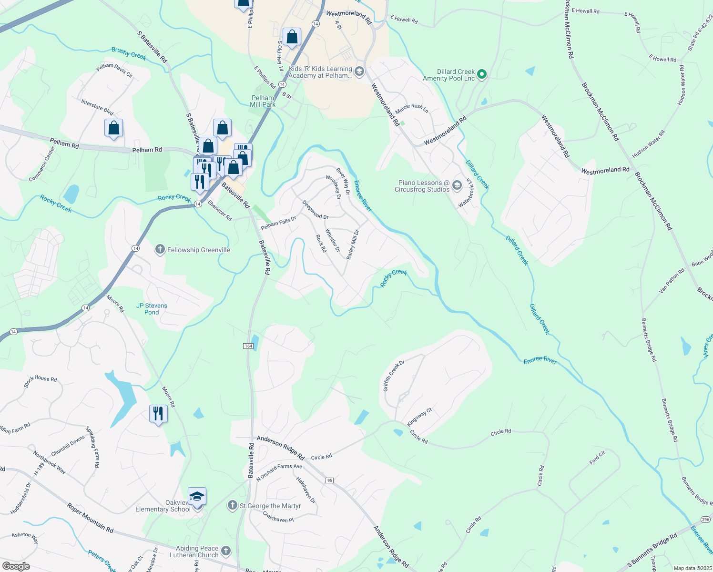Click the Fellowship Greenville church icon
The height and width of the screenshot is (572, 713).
[160, 249]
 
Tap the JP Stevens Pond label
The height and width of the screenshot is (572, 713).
[152, 309]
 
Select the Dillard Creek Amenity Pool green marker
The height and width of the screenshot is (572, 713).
[482, 74]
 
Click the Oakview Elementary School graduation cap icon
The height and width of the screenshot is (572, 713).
[197, 497]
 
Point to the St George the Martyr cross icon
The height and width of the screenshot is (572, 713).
[232, 505]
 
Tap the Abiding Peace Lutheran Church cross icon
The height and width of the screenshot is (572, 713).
[226, 551]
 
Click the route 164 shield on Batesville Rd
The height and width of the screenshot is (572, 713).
[248, 346]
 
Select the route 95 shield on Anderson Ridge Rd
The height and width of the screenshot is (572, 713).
[329, 480]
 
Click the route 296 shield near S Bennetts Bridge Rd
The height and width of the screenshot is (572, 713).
[705, 519]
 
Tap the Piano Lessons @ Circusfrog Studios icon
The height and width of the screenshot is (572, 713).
[457, 185]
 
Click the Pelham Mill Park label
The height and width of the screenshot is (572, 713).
[263, 101]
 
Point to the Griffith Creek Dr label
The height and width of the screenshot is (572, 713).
[394, 376]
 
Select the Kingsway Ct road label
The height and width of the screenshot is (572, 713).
[419, 417]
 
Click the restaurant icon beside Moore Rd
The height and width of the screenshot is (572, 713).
[158, 413]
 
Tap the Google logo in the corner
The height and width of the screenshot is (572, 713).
[16, 566]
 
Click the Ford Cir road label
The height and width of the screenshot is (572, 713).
[597, 458]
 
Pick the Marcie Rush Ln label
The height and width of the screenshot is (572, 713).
[412, 108]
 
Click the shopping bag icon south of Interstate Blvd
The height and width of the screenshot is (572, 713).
[113, 128]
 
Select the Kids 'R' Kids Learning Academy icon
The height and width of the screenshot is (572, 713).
[359, 72]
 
